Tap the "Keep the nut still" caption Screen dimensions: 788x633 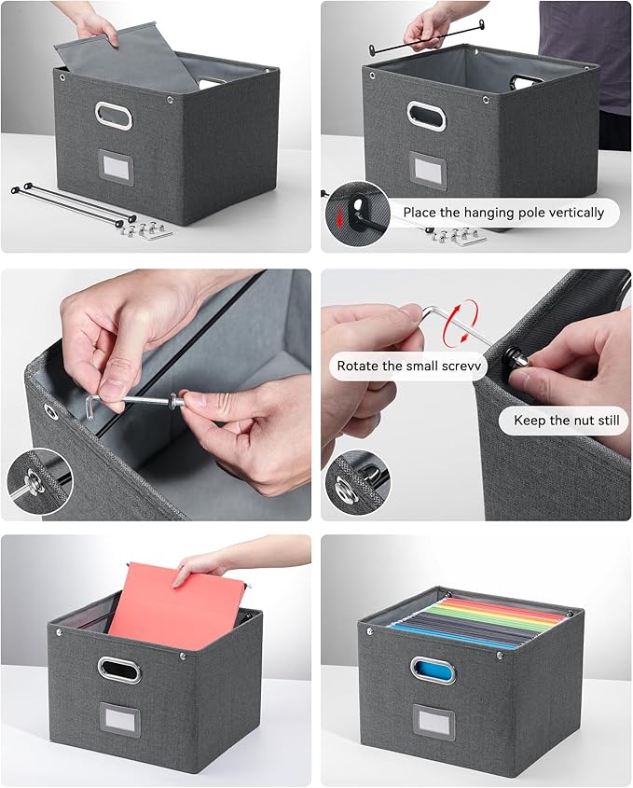[x=566, y=421]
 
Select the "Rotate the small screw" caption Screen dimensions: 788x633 [x=407, y=366]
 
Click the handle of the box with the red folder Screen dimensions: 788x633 [x=120, y=670]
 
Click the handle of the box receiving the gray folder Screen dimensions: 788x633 [x=113, y=115]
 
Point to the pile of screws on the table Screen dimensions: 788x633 [x=148, y=228]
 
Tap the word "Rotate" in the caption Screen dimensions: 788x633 [x=359, y=366]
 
